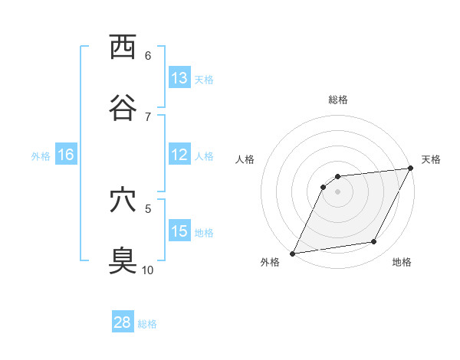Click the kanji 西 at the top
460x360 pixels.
pos(123,47)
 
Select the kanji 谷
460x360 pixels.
pos(123,108)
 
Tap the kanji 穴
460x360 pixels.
pos(123,201)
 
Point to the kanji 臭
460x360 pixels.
pos(123,261)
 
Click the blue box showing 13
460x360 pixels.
pos(179,78)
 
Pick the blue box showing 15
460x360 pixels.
pos(179,231)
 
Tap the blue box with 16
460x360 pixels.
pos(66,155)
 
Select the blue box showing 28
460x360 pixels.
pos(123,322)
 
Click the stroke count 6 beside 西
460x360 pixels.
pos(148,55)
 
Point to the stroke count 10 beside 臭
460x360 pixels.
pos(148,270)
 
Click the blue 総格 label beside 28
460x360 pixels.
pos(147,324)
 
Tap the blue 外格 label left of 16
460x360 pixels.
pos(41,156)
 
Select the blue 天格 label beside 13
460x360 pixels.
pos(204,79)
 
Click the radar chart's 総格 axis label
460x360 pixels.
pos(337,100)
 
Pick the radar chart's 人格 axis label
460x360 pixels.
pos(245,159)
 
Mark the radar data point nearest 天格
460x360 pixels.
pos(410,169)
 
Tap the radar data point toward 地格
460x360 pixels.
pos(374,242)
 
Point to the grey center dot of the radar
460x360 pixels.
pos(337,191)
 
